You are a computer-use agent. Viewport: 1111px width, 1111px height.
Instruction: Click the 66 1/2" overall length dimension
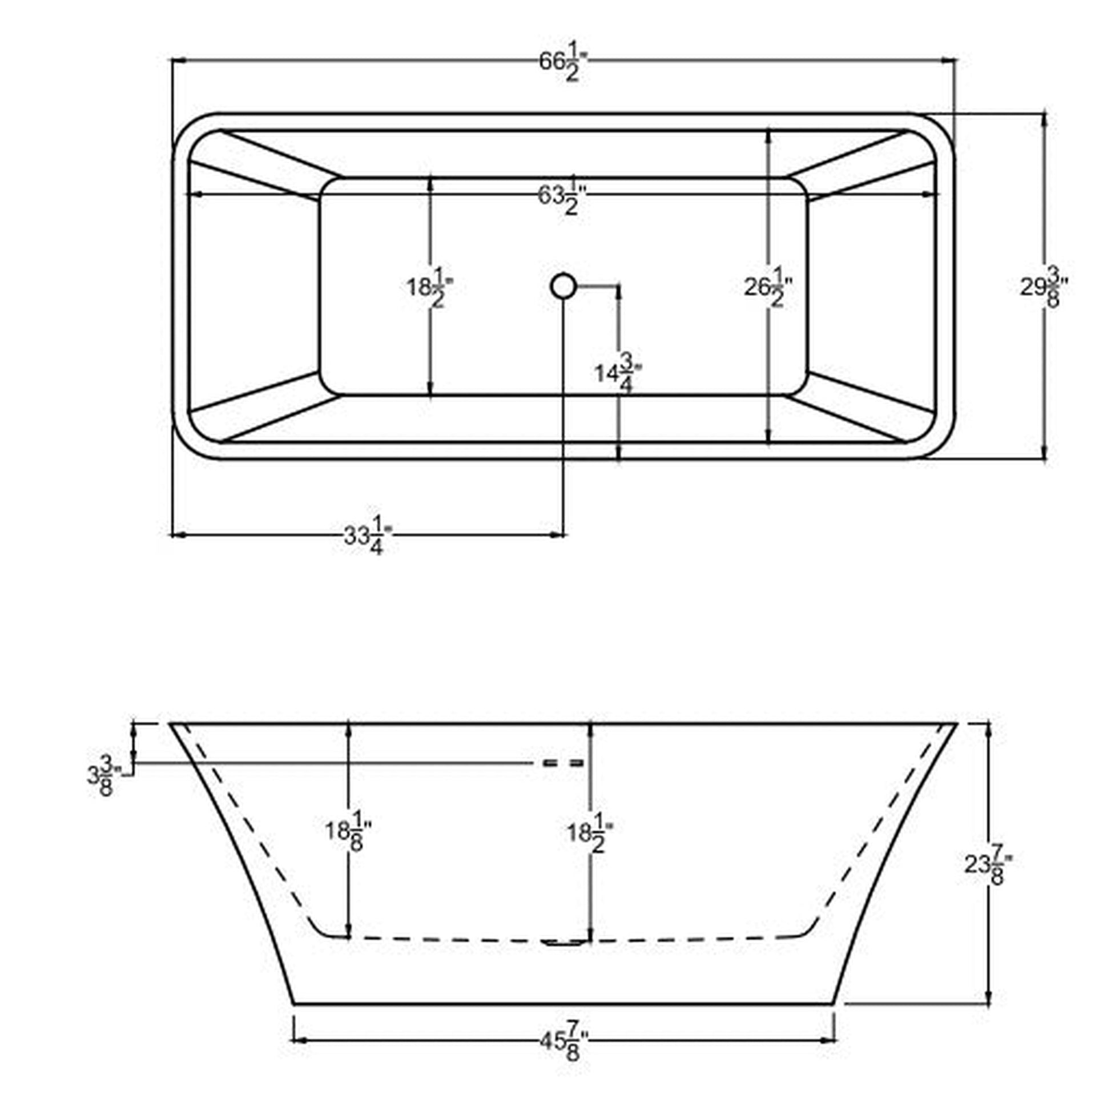point(564,65)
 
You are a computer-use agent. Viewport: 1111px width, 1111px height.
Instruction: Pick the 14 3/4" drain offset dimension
point(618,375)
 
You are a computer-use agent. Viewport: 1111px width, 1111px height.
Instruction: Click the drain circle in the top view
point(562,286)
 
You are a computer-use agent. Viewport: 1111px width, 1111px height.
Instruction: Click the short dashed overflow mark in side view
point(564,764)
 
